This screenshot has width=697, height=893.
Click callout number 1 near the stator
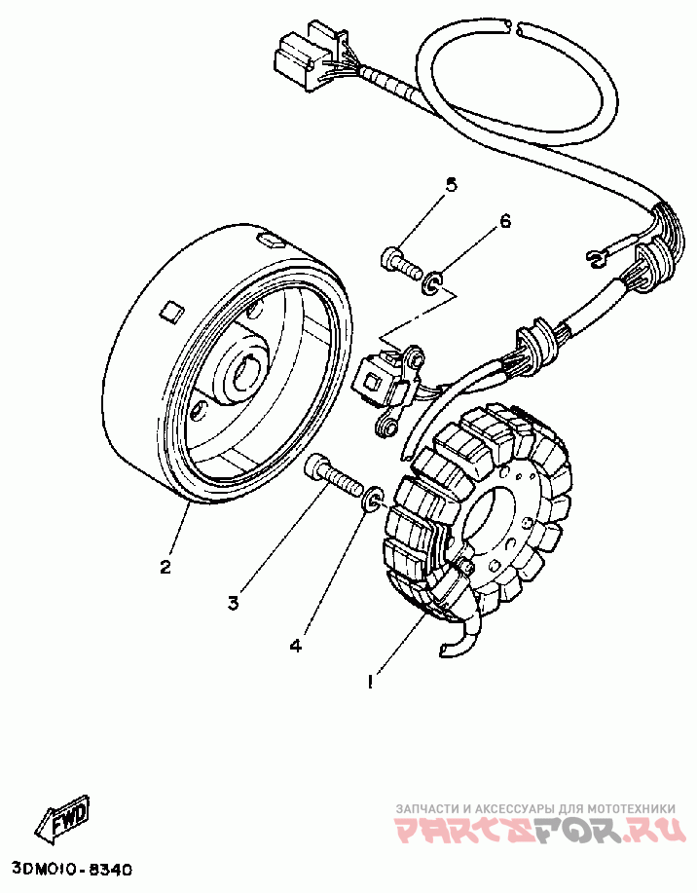[370, 683]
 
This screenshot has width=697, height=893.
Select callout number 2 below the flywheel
[166, 566]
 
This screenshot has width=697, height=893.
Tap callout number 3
[234, 604]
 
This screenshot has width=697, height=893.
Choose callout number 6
[504, 221]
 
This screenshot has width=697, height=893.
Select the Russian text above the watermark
[534, 808]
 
